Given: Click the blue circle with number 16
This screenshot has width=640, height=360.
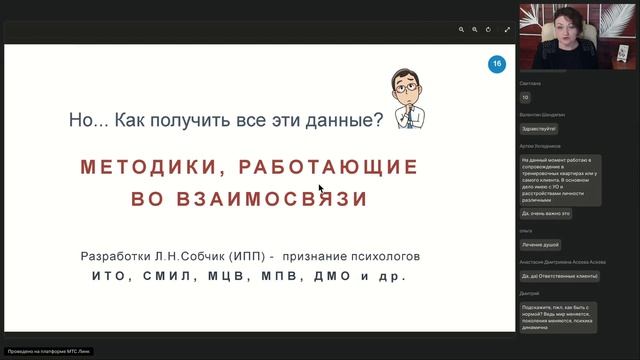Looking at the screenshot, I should (x=497, y=64).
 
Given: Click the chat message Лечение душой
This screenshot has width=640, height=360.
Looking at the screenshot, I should (x=540, y=244).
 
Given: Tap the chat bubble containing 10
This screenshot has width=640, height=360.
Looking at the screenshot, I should (x=526, y=97).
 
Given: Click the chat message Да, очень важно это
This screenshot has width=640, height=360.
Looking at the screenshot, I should (x=546, y=213).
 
